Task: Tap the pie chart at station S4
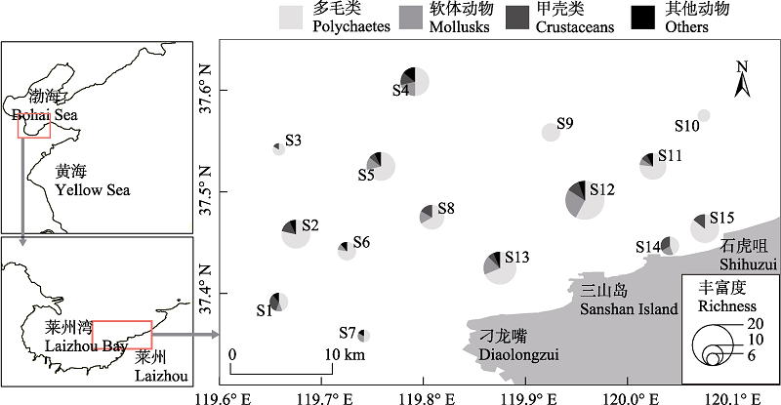(x=414, y=81)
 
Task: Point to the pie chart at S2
(x=296, y=233)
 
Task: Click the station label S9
(x=564, y=123)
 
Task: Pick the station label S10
(x=687, y=126)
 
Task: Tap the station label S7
(x=348, y=333)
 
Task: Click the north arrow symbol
(x=742, y=78)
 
